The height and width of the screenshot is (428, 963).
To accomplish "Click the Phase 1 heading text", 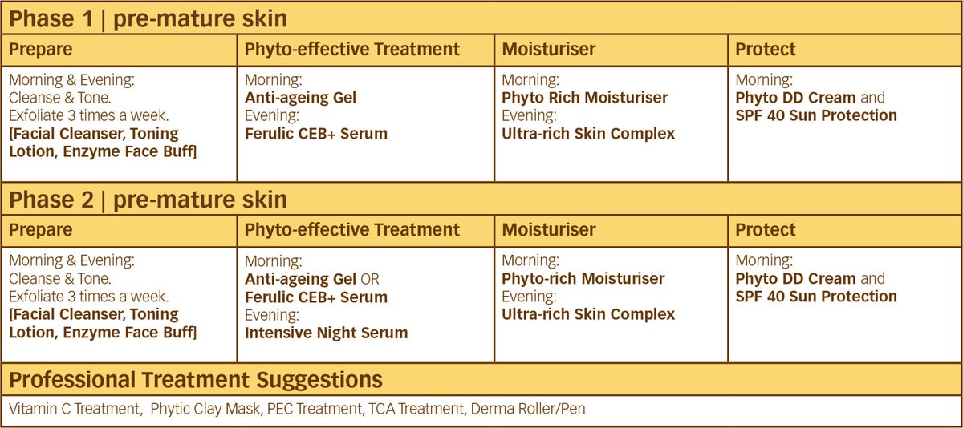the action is pyautogui.click(x=148, y=19).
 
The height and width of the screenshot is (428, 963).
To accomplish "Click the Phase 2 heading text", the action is pyautogui.click(x=148, y=200).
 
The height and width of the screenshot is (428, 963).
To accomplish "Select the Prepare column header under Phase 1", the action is pyautogui.click(x=40, y=50).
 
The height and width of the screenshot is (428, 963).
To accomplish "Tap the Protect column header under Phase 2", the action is pyautogui.click(x=766, y=230).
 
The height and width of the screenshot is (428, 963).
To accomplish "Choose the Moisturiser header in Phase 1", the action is pyautogui.click(x=549, y=49).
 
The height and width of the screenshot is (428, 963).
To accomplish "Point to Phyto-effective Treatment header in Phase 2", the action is pyautogui.click(x=352, y=230).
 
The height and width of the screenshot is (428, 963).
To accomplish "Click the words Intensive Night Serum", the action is pyautogui.click(x=327, y=333).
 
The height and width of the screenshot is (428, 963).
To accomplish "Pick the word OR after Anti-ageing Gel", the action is pyautogui.click(x=370, y=279).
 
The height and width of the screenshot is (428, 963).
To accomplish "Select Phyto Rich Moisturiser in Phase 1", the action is pyautogui.click(x=585, y=98).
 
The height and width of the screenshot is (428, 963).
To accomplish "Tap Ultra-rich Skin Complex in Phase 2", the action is pyautogui.click(x=588, y=314).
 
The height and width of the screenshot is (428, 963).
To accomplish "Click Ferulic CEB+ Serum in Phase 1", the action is pyautogui.click(x=316, y=134).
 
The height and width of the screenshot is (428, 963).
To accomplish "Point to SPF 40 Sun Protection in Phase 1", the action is pyautogui.click(x=816, y=115).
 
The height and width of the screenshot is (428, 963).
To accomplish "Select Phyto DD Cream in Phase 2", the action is pyautogui.click(x=795, y=279).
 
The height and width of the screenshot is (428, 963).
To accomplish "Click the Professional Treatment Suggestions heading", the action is pyautogui.click(x=196, y=380).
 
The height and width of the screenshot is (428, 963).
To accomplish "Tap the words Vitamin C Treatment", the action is pyautogui.click(x=75, y=409).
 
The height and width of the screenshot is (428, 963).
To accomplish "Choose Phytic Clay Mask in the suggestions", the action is pyautogui.click(x=205, y=409).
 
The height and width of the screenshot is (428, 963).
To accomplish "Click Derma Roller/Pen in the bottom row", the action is pyautogui.click(x=528, y=409).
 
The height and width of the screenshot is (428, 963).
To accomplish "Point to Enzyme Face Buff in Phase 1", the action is pyautogui.click(x=130, y=152).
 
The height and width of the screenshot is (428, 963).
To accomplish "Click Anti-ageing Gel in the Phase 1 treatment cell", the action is pyautogui.click(x=300, y=98).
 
